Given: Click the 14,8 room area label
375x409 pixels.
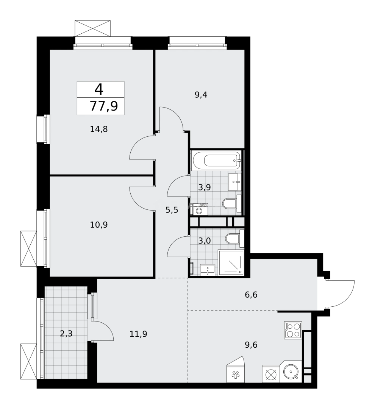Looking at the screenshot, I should [99, 129].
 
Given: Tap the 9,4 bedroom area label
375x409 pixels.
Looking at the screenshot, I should [201, 95].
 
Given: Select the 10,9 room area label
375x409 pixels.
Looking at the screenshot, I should [99, 225].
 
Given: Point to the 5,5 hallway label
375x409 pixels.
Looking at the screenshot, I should [172, 210].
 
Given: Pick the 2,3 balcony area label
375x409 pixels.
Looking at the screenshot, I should [66, 333].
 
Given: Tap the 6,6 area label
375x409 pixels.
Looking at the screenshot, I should [251, 294].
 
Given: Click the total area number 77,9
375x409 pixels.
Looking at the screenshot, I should [103, 106].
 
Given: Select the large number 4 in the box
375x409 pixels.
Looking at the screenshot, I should [99, 89].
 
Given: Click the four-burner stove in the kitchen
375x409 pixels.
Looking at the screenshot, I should [293, 330].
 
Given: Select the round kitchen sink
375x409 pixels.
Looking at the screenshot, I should [291, 372].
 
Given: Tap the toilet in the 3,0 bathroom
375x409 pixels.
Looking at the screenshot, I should [233, 239].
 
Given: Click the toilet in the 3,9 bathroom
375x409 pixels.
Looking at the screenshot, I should [230, 204].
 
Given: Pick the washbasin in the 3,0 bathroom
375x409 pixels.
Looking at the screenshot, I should [207, 269].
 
